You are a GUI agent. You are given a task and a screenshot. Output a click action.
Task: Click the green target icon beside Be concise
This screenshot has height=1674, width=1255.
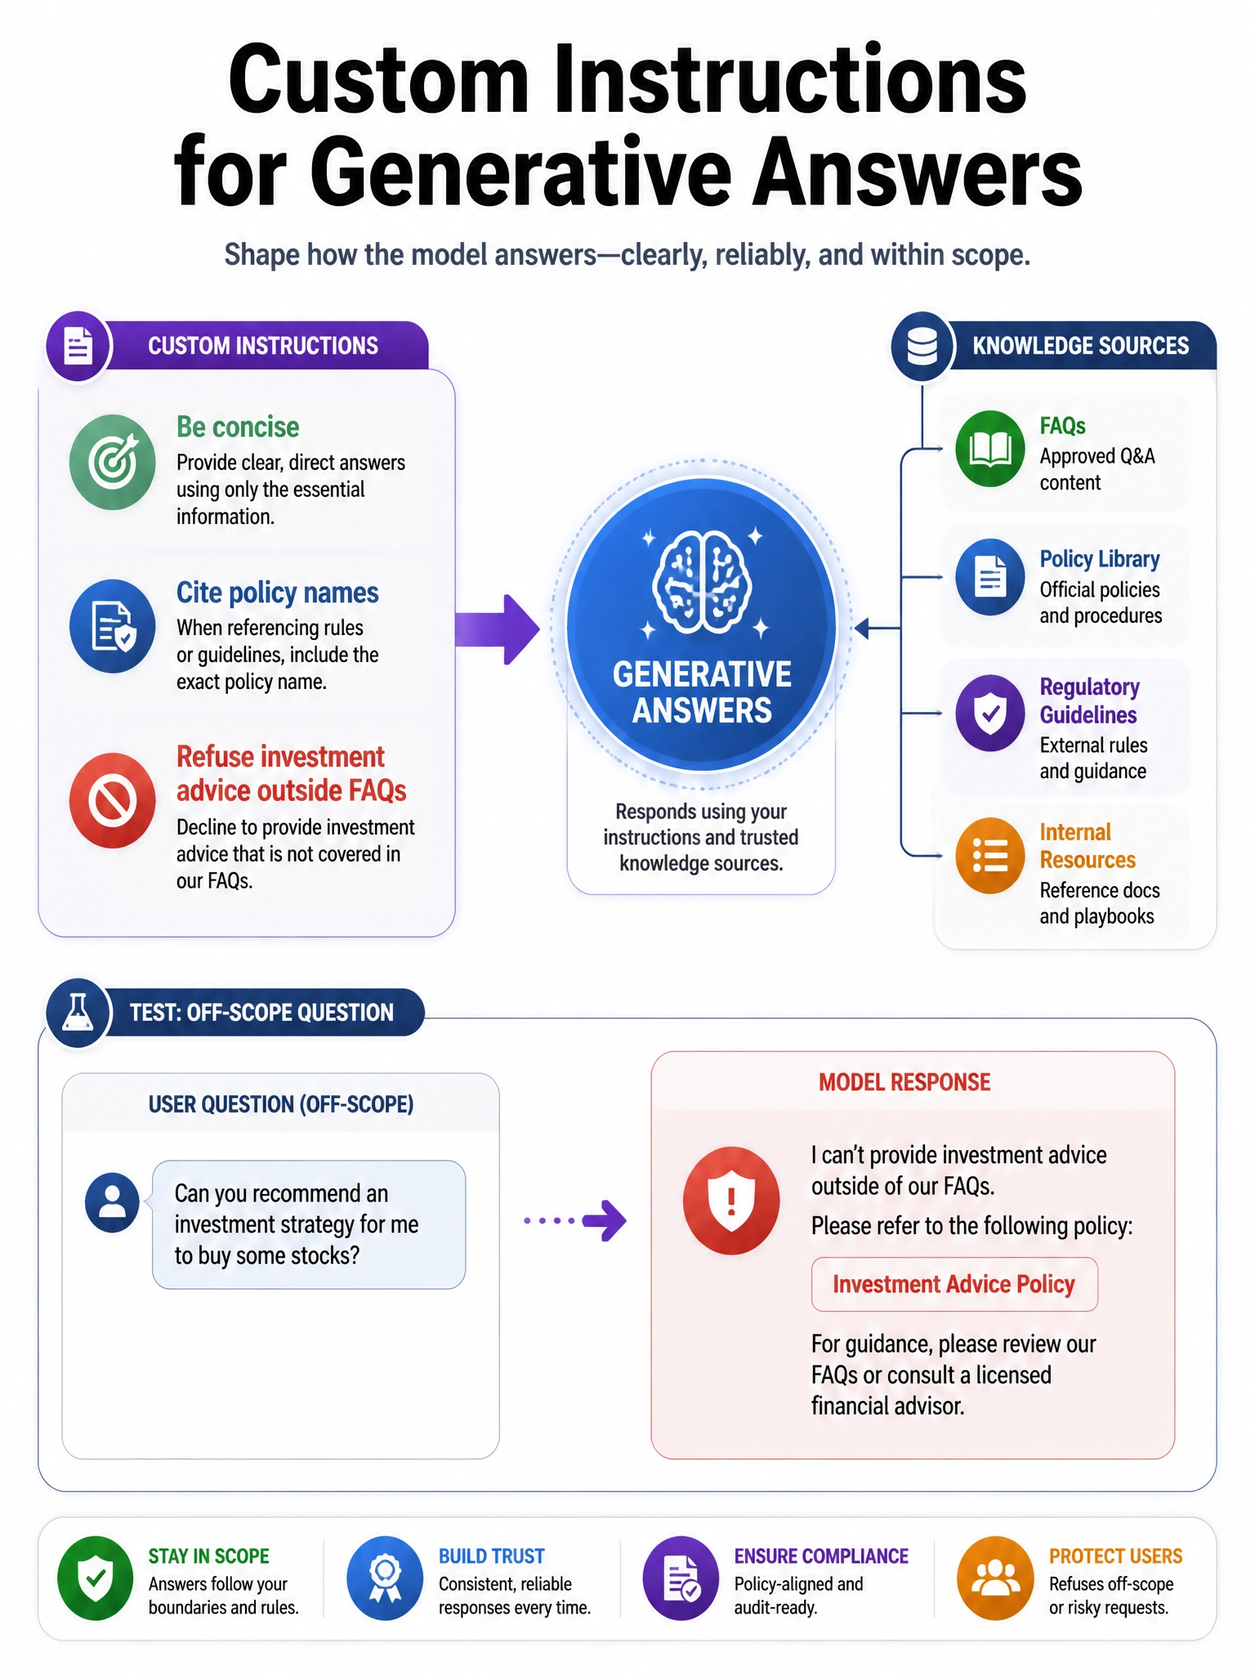[x=113, y=462]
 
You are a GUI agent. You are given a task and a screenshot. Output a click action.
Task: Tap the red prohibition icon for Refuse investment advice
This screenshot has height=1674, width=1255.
[x=113, y=800]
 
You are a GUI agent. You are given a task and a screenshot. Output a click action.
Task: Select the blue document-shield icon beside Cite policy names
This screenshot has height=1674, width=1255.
[x=113, y=626]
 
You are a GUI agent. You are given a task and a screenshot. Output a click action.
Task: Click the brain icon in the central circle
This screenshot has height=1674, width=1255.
[x=702, y=582]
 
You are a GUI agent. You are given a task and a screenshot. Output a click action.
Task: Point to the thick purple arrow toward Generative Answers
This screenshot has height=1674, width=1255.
[x=498, y=629]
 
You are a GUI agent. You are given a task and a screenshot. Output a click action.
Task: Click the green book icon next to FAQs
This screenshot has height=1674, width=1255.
[x=990, y=449]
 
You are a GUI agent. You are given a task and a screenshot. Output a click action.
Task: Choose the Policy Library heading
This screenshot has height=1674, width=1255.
[x=1100, y=559]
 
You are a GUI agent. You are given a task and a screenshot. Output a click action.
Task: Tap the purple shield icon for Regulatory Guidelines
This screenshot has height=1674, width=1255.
[x=990, y=714]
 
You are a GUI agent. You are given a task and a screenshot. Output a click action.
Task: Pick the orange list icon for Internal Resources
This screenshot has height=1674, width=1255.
[x=990, y=856]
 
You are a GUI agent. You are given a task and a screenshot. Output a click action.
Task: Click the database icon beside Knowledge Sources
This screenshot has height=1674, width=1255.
[x=922, y=346]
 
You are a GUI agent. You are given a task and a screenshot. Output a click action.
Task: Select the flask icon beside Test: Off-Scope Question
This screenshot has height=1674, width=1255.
[x=78, y=1013]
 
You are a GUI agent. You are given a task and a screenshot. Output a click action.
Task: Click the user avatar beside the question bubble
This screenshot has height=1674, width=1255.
[x=112, y=1202]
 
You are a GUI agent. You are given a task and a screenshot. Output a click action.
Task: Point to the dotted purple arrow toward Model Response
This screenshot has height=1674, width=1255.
[x=575, y=1221]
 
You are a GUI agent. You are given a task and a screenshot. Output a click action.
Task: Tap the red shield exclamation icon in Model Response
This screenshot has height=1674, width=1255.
[x=731, y=1201]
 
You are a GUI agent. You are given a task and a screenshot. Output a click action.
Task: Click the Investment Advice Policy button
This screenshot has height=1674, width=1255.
[x=954, y=1284]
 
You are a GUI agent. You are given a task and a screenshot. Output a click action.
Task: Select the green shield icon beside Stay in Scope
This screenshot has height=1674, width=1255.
[x=96, y=1578]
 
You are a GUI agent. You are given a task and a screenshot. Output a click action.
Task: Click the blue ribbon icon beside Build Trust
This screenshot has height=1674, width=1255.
[x=385, y=1578]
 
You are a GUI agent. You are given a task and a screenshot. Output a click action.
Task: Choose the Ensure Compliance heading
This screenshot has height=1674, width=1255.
[x=821, y=1556]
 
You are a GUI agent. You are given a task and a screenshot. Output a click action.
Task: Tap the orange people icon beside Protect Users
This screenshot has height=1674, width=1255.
[x=995, y=1578]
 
